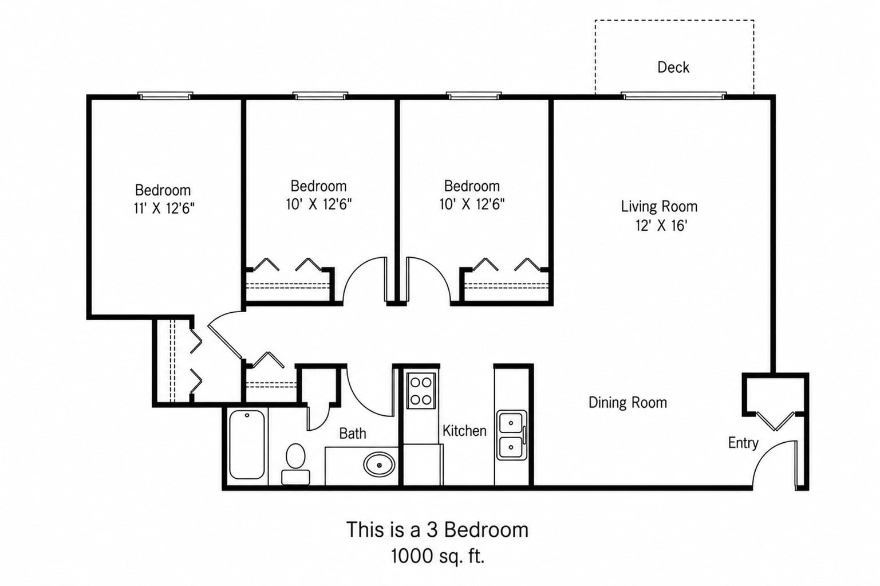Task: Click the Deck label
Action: pyautogui.click(x=673, y=67)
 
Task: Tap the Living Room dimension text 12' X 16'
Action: pyautogui.click(x=661, y=226)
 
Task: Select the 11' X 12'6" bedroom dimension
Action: pyautogui.click(x=164, y=208)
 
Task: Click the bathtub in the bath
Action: pyautogui.click(x=247, y=445)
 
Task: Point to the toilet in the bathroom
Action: pyautogui.click(x=295, y=464)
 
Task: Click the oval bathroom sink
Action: pyautogui.click(x=379, y=465)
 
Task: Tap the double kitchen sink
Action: pyautogui.click(x=511, y=435)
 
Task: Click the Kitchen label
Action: pyautogui.click(x=464, y=431)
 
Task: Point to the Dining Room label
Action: pyautogui.click(x=628, y=403)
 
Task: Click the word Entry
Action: pyautogui.click(x=743, y=443)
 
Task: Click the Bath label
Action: pyautogui.click(x=352, y=434)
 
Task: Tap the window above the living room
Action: pyautogui.click(x=673, y=95)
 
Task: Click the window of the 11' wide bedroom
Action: pyautogui.click(x=165, y=95)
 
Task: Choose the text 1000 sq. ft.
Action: pyautogui.click(x=437, y=556)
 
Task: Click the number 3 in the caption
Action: pyautogui.click(x=432, y=530)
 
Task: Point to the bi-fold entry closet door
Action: pyautogui.click(x=775, y=421)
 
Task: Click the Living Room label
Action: pyautogui.click(x=659, y=206)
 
